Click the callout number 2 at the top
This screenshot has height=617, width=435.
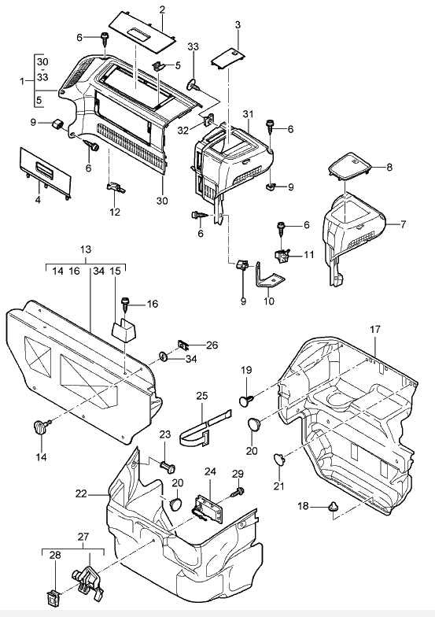tap(162, 9)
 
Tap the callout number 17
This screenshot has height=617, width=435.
tap(375, 329)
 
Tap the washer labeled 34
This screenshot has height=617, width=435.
tap(164, 357)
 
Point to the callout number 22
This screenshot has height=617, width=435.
tap(81, 494)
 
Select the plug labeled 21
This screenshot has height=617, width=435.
tap(279, 459)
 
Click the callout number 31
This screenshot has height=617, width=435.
tap(248, 115)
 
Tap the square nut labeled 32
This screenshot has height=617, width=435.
tap(208, 120)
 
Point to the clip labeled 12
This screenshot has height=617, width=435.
tap(116, 187)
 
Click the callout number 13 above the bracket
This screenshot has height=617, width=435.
tap(86, 249)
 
